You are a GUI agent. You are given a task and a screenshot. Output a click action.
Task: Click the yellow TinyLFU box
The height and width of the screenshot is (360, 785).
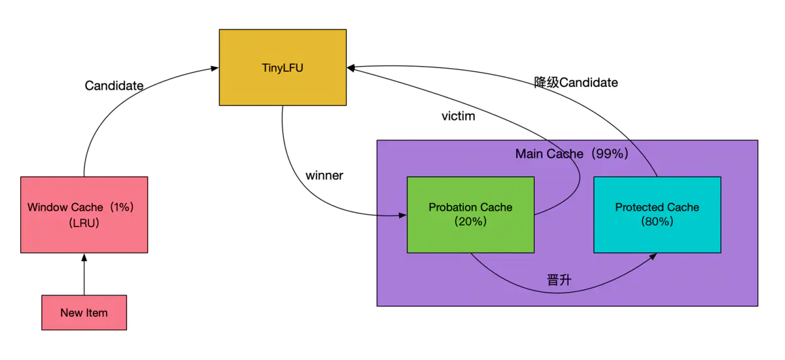[x=283, y=67]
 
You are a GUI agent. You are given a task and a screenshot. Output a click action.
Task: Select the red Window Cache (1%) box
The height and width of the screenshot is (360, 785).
[x=84, y=215]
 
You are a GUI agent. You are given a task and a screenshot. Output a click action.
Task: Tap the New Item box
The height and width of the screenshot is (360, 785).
[x=84, y=312]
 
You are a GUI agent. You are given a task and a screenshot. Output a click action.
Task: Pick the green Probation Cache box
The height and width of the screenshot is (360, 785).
[x=470, y=215]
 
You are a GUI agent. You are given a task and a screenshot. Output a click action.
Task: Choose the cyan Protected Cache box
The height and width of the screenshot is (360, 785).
[x=657, y=215]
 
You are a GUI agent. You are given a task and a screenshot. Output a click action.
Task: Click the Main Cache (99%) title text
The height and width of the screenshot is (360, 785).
[x=571, y=154]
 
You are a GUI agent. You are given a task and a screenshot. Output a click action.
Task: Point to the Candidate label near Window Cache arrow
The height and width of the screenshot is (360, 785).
[x=114, y=86]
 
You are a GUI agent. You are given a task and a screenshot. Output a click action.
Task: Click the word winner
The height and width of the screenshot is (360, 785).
[x=324, y=175]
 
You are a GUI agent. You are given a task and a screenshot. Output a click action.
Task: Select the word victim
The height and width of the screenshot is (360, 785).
[x=458, y=117]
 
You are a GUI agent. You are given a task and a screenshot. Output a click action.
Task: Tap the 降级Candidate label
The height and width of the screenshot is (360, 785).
[x=576, y=82]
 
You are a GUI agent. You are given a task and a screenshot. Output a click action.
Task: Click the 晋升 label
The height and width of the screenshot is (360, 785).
[x=559, y=280]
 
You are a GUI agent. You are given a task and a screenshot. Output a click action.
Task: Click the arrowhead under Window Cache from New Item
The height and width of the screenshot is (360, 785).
[x=84, y=257]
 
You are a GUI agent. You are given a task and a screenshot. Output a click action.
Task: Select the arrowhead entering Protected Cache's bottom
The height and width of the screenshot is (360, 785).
[x=655, y=257]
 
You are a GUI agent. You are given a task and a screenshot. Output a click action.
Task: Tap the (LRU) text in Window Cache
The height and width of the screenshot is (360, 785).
[x=84, y=223]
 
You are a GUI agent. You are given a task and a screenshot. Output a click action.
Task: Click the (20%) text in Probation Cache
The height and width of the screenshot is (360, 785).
[x=470, y=222]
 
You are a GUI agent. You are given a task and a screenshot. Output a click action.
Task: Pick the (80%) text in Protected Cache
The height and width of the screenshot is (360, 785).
[x=657, y=222]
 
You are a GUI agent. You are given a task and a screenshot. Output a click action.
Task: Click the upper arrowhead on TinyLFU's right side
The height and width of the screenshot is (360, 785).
[x=351, y=66]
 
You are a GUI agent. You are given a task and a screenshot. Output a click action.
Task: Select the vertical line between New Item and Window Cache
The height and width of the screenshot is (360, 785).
[x=84, y=278]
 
